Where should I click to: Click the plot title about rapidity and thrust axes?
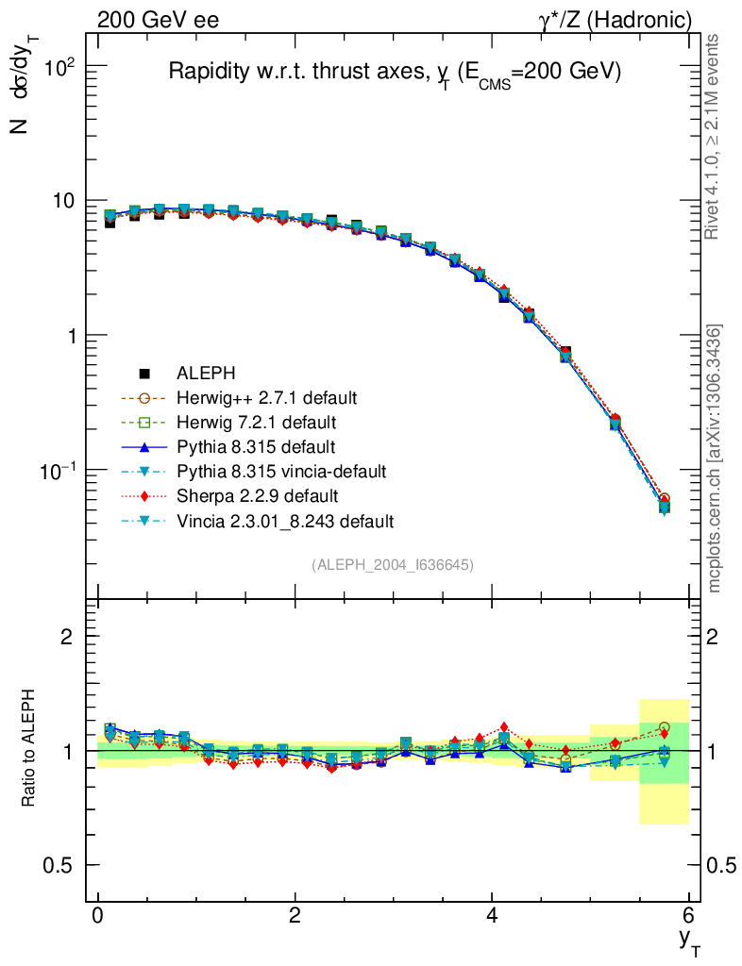(x=394, y=73)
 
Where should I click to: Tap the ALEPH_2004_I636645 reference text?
(x=393, y=564)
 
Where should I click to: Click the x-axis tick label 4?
(x=492, y=916)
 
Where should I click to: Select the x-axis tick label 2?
(x=295, y=916)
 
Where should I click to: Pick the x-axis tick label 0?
(x=98, y=916)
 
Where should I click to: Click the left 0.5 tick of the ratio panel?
(x=61, y=865)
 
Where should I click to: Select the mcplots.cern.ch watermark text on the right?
(x=715, y=458)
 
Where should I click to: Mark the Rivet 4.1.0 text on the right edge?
(x=715, y=137)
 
